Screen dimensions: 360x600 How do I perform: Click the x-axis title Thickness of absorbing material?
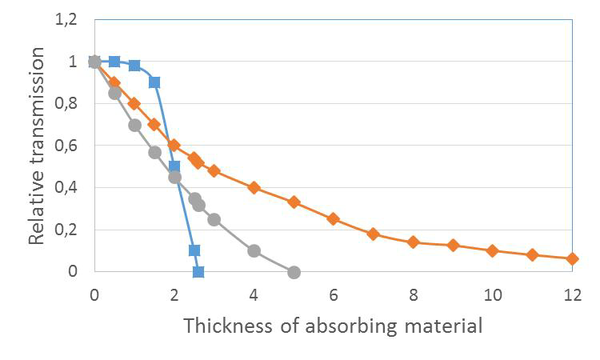[x=333, y=326]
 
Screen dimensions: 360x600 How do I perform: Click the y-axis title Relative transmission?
[x=36, y=146]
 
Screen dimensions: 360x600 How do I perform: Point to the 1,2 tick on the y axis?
[x=66, y=20]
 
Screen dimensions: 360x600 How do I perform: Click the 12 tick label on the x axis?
[x=571, y=294]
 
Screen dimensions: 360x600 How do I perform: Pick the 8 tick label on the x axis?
[x=413, y=294]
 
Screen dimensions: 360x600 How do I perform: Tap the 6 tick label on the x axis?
[x=334, y=294]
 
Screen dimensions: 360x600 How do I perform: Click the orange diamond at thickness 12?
[x=572, y=258]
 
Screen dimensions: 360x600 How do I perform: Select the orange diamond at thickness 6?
[x=334, y=218]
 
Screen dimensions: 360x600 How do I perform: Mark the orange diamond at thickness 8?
[x=413, y=242]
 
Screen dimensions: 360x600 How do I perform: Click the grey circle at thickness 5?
[x=294, y=272]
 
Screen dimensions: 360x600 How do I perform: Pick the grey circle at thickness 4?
[x=254, y=250]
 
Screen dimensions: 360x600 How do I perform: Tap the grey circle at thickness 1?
[x=134, y=125]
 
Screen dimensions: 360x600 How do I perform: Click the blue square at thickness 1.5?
[x=154, y=82]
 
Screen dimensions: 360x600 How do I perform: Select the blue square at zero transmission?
[x=198, y=272]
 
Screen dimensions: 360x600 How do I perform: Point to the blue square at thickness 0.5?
[x=114, y=62]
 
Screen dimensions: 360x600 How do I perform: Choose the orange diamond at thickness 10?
[x=492, y=250]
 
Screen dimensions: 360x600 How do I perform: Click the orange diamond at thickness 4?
[x=254, y=187]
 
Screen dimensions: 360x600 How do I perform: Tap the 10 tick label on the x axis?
[x=492, y=294]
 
